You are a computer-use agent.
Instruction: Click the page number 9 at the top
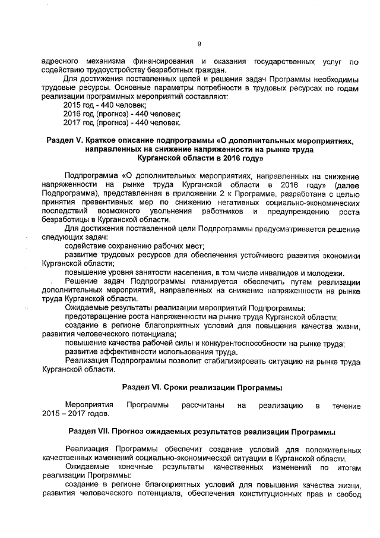199,43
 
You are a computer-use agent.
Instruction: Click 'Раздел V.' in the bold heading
66,141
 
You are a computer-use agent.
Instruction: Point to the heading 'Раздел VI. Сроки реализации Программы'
201,388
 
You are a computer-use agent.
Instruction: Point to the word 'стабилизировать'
235,361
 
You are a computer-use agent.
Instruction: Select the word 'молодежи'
336,272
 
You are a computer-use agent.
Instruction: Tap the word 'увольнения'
195,211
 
